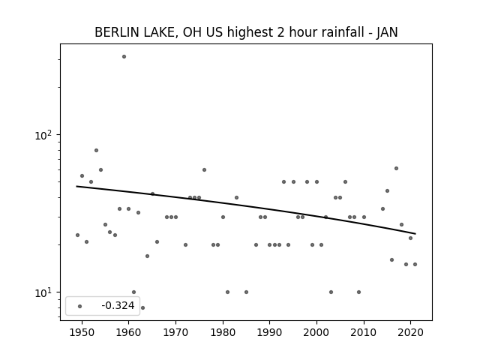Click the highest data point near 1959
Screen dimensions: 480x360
pos(124,57)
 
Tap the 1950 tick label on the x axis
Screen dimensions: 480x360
pos(82,332)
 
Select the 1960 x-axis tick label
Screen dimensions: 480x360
pos(128,332)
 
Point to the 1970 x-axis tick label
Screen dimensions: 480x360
pos(175,332)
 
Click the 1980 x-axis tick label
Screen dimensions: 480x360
pos(223,332)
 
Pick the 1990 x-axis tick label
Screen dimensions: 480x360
pos(270,332)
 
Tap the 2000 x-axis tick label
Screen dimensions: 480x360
pos(316,332)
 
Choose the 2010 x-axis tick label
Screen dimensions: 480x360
pos(364,332)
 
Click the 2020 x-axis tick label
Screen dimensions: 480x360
pos(411,332)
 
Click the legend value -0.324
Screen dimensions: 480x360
pos(118,305)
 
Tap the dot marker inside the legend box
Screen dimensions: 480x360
pos(80,306)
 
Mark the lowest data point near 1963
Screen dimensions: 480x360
pos(142,307)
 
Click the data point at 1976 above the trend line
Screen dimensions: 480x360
pos(204,170)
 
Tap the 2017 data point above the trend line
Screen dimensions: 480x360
pos(397,168)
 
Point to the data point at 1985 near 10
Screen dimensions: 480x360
pos(247,292)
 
